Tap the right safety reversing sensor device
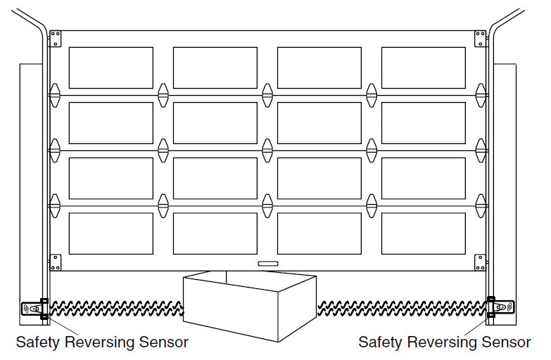click(x=502, y=307)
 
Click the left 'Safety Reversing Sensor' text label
click(x=102, y=342)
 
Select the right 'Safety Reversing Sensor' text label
click(x=444, y=342)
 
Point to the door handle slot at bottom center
click(x=267, y=264)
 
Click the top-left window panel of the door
click(x=110, y=67)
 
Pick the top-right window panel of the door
click(x=424, y=67)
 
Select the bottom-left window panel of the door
click(x=110, y=233)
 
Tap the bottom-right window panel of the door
click(x=424, y=233)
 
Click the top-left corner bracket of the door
click(x=56, y=39)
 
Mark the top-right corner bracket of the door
click(x=480, y=39)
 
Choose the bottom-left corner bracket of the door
click(x=56, y=262)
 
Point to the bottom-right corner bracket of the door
click(x=480, y=262)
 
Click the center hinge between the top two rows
click(x=267, y=94)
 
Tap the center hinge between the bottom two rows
click(x=267, y=205)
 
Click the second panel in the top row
click(x=215, y=67)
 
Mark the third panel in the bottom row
click(x=319, y=233)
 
